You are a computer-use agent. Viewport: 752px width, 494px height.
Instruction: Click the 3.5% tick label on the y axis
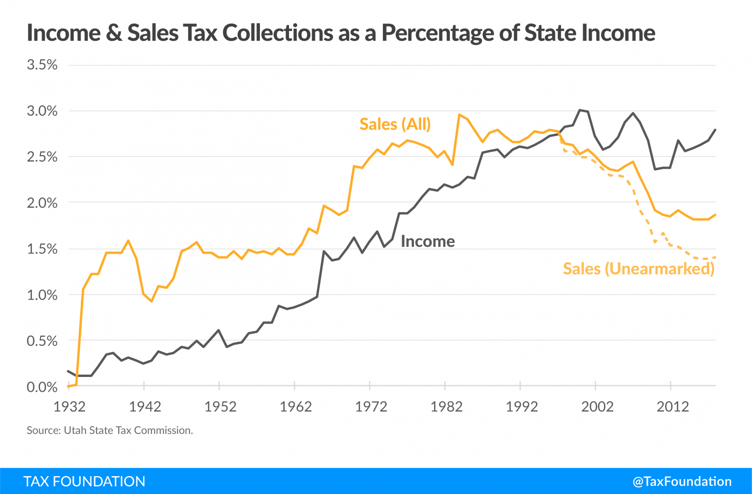(42, 65)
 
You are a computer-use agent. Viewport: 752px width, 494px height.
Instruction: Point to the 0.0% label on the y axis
(42, 387)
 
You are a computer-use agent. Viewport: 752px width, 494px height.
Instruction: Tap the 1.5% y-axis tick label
(42, 249)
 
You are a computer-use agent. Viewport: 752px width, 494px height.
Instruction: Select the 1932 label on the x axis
(69, 407)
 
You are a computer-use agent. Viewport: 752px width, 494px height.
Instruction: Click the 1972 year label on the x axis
(371, 407)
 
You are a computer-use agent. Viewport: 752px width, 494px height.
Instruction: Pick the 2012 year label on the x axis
(672, 407)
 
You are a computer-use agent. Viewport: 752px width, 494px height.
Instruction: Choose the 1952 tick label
(220, 407)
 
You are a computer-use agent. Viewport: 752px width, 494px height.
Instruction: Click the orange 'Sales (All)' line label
(395, 124)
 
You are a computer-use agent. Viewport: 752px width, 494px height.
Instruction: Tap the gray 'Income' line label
(428, 241)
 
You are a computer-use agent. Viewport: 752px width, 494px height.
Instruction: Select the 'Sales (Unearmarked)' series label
(638, 269)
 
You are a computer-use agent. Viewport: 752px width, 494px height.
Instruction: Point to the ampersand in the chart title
(114, 33)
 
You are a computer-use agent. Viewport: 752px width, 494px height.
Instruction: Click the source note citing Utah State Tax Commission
(110, 430)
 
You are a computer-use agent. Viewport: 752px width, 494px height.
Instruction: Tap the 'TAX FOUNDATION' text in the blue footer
(84, 481)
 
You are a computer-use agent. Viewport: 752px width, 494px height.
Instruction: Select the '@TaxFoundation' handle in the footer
(682, 481)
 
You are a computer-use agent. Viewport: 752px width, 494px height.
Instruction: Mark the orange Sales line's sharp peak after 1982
(459, 114)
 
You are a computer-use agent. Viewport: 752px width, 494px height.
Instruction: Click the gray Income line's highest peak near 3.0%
(580, 110)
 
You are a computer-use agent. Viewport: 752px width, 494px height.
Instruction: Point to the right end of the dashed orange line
(715, 257)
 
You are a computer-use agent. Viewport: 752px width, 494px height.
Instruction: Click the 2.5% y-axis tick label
(42, 157)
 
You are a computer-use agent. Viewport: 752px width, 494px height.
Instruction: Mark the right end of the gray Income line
(715, 130)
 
